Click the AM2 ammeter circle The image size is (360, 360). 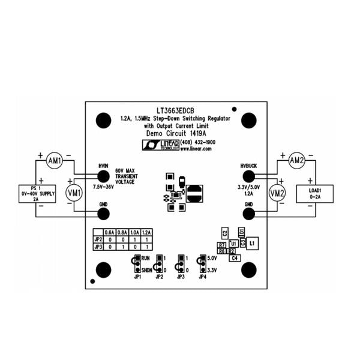pyautogui.click(x=298, y=160)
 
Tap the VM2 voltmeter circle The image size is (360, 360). pyautogui.click(x=277, y=193)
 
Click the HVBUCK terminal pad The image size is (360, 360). pyautogui.click(x=248, y=176)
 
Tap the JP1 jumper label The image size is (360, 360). pyautogui.click(x=137, y=277)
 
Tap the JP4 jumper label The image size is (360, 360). pyautogui.click(x=202, y=277)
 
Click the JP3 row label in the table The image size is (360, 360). pyautogui.click(x=98, y=246)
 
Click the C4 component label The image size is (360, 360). pyautogui.click(x=235, y=257)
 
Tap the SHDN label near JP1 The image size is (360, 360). pyautogui.click(x=146, y=271)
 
